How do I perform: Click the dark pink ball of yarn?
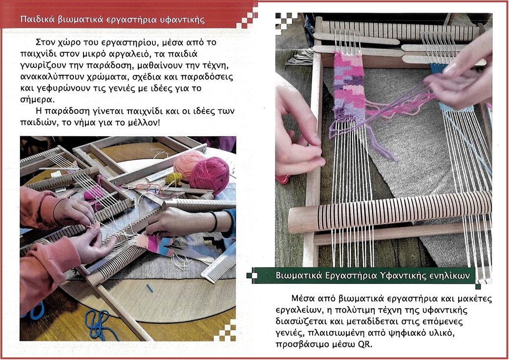click(x=210, y=176)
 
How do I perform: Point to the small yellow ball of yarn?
click(x=174, y=179)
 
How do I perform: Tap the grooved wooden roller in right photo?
click(x=389, y=212)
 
